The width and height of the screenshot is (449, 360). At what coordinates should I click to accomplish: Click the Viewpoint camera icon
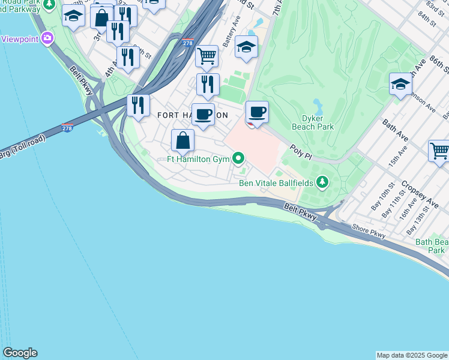click(47, 39)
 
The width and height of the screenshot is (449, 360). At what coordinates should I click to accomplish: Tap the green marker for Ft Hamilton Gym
click(238, 158)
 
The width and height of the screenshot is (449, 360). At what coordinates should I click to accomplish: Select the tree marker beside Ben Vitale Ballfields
click(323, 181)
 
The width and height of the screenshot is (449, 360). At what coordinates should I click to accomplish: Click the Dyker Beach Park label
click(312, 122)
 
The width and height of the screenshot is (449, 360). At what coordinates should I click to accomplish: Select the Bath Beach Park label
click(431, 246)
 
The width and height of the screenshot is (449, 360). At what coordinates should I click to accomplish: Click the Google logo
click(20, 353)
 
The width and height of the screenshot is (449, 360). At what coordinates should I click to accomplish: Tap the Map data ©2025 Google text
click(412, 355)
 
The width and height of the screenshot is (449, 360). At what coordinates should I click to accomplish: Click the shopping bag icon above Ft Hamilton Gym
click(183, 140)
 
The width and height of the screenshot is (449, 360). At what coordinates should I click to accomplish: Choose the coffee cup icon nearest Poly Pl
click(257, 112)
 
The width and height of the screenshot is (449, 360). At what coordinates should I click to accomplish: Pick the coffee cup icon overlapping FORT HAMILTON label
click(203, 114)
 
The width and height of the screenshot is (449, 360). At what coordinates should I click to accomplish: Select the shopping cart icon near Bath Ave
click(439, 151)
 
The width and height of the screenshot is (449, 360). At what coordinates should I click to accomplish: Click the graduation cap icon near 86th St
click(400, 85)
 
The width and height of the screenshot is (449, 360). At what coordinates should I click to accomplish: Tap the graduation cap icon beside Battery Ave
click(246, 47)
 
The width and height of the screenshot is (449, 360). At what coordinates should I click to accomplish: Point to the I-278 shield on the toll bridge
click(67, 128)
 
